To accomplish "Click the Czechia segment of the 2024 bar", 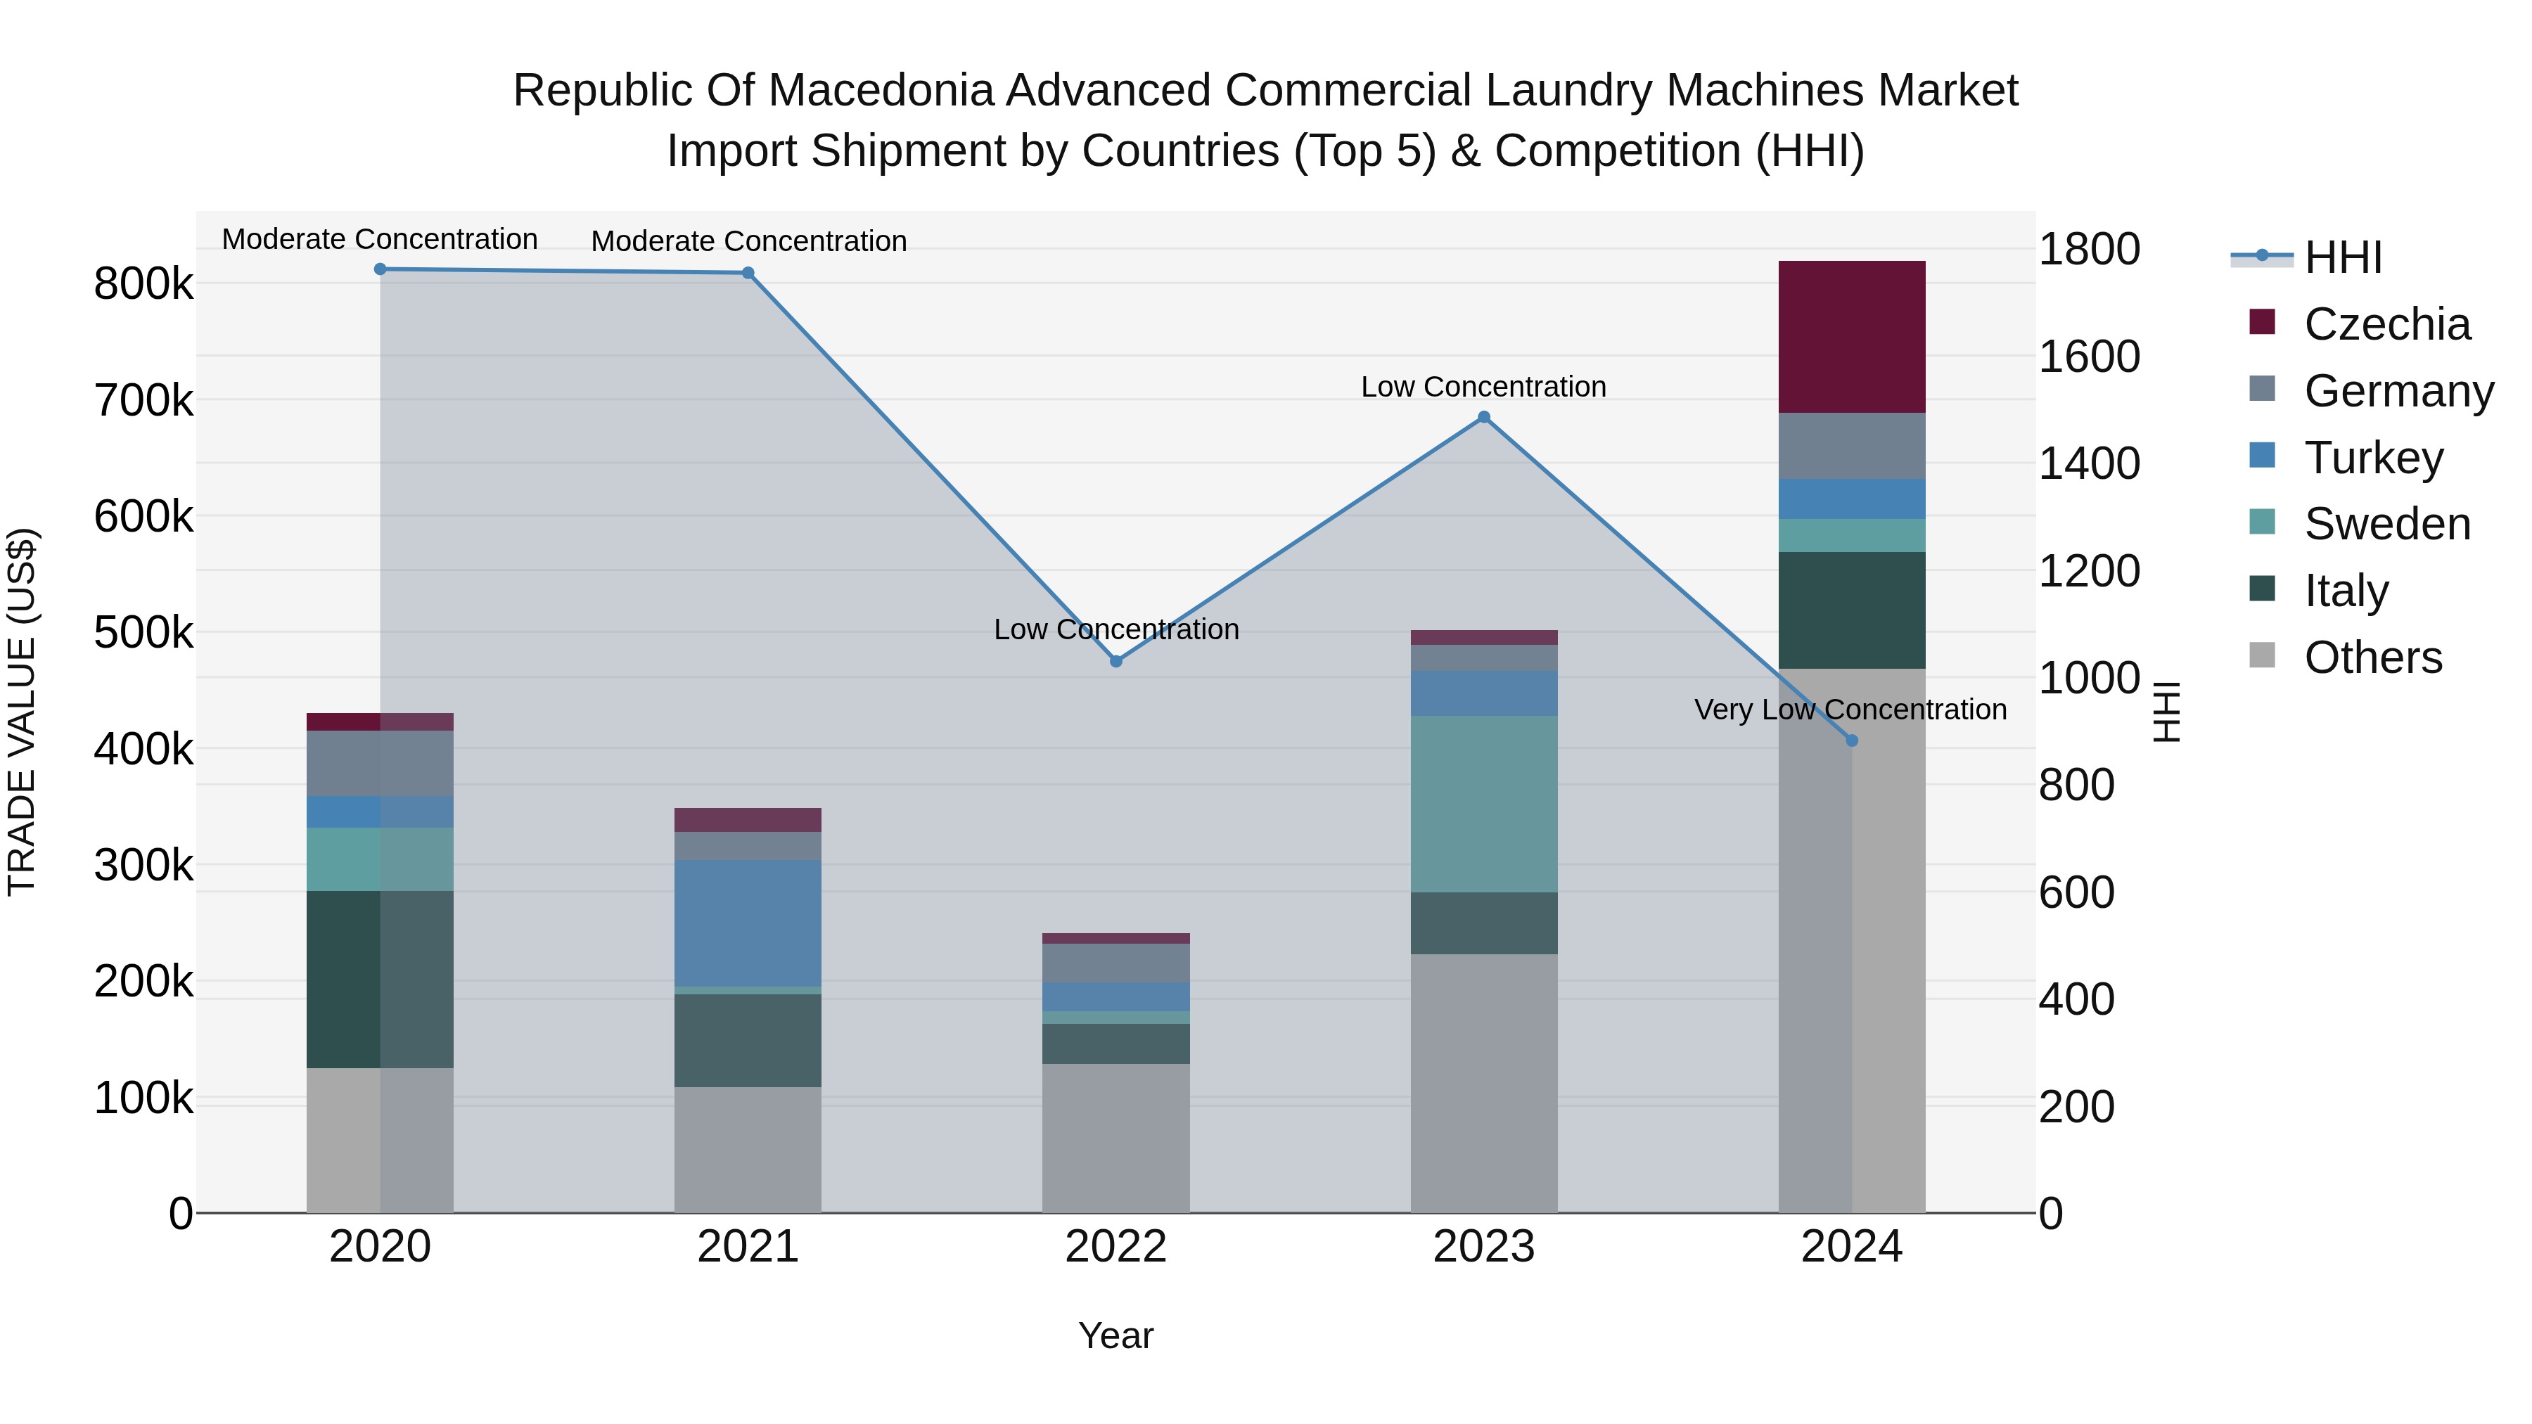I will point(1851,336).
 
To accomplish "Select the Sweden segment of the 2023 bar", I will point(1483,803).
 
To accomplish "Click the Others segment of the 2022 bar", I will point(1115,1137).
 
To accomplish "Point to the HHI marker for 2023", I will point(1483,417).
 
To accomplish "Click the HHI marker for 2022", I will point(1115,662).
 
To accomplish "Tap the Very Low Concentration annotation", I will point(1850,710).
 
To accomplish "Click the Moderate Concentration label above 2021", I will point(748,240).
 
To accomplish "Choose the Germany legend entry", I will point(2398,391).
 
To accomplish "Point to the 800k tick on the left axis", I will point(143,285).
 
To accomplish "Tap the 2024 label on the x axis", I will point(1851,1247).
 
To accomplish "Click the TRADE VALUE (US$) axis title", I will point(23,712).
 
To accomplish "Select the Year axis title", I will point(1115,1335).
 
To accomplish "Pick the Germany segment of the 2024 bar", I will point(1851,445).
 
